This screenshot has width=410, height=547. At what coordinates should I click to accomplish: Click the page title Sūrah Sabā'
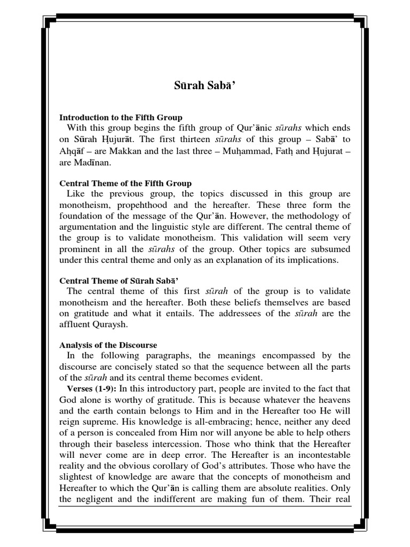coord(205,85)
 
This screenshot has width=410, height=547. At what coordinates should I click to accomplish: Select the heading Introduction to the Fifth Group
coord(120,117)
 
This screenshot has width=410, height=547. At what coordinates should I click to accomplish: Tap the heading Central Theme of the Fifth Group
coord(125,184)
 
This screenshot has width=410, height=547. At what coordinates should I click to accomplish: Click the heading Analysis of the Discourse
coord(108,345)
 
